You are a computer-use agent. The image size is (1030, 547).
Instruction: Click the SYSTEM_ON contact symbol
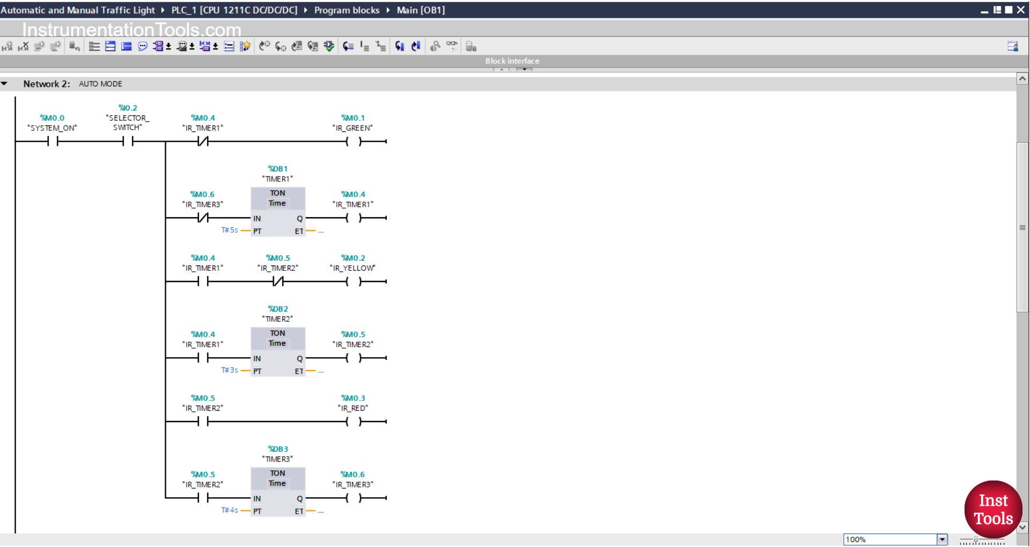[53, 142]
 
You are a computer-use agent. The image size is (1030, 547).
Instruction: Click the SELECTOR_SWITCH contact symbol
[128, 142]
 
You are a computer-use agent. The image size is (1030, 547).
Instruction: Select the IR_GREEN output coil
[354, 142]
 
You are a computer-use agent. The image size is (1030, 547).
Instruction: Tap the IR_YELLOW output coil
[354, 282]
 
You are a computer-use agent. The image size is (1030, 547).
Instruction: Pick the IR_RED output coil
[354, 422]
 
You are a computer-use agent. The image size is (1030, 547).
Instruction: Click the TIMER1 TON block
[278, 211]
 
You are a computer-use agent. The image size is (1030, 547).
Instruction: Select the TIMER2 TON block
[278, 351]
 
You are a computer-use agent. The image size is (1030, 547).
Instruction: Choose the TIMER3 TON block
[278, 491]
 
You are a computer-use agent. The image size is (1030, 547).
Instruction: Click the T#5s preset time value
[230, 230]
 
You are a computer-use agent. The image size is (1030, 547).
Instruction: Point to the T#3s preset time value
[230, 370]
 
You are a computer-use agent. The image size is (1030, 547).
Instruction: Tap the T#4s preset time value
[230, 510]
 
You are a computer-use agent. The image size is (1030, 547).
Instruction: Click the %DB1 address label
[278, 169]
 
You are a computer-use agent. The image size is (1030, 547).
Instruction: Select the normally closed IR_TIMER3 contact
[203, 218]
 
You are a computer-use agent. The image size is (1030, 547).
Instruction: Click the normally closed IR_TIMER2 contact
[278, 282]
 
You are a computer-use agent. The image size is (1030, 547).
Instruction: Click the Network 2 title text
[47, 84]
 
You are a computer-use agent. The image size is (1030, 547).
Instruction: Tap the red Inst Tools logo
[993, 509]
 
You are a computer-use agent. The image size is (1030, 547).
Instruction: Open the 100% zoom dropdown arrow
[942, 539]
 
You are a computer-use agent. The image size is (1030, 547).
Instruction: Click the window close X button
[1021, 10]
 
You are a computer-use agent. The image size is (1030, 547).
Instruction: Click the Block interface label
[512, 61]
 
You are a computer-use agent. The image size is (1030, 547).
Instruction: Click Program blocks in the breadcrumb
[347, 10]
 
